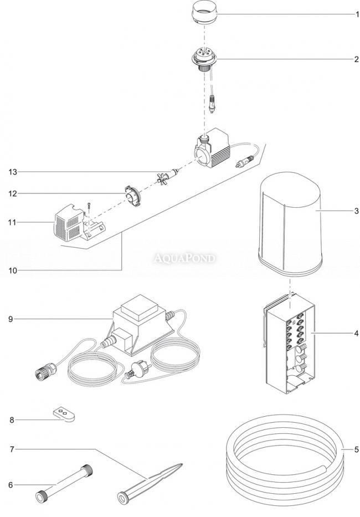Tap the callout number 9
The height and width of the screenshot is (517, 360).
pos(11,319)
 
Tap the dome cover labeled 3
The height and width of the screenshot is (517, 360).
pos(291,227)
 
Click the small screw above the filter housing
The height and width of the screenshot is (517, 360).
pos(88,206)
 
